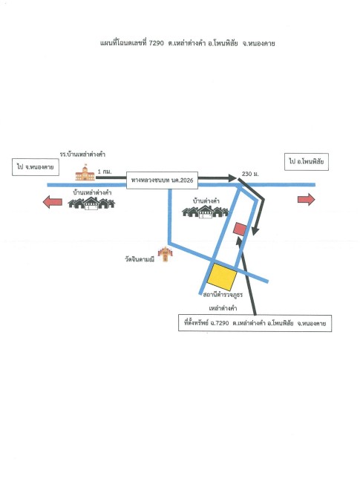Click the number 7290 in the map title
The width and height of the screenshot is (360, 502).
[x=157, y=43]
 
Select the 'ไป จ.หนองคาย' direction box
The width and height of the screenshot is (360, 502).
[x=36, y=167]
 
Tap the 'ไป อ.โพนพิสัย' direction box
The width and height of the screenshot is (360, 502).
[x=307, y=162]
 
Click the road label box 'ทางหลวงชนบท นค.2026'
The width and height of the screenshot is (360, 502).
[x=162, y=180]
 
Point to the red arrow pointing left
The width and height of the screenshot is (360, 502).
[x=53, y=202]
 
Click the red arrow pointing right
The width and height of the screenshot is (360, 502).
[x=307, y=199]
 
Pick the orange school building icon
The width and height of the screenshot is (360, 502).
[x=85, y=172]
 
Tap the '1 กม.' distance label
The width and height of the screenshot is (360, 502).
[x=105, y=172]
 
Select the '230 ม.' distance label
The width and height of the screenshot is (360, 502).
[x=250, y=174]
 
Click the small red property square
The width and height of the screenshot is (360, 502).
[x=240, y=229]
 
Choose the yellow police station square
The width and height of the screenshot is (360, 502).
[x=222, y=276]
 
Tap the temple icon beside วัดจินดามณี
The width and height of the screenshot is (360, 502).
[x=165, y=254]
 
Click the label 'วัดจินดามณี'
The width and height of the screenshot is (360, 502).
[x=140, y=259]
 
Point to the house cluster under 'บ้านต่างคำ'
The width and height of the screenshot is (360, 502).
[x=205, y=212]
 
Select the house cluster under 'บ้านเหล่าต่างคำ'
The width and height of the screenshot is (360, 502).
[x=91, y=203]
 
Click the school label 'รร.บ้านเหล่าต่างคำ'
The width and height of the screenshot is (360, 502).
[x=82, y=154]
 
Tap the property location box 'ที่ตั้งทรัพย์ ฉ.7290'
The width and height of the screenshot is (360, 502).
[x=255, y=323]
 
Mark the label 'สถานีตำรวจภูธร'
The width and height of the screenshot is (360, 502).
[x=223, y=295]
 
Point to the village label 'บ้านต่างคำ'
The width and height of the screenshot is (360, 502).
[x=206, y=201]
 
